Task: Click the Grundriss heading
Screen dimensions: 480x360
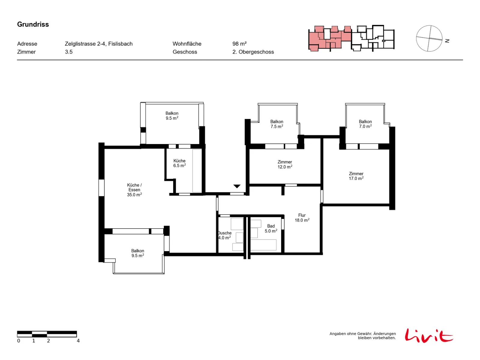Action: click(x=33, y=24)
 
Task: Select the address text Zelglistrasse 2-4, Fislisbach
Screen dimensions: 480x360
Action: click(x=99, y=44)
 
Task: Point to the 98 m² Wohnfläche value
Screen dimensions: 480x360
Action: click(x=239, y=44)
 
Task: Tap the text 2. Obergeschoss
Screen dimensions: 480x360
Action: click(x=253, y=52)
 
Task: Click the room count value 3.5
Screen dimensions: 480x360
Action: click(x=69, y=52)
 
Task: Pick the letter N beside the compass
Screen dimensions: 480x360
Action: click(x=447, y=41)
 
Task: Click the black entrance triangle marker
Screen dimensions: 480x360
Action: click(x=237, y=186)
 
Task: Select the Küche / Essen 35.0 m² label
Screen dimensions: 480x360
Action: click(x=134, y=190)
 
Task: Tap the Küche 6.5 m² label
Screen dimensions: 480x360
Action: click(x=179, y=163)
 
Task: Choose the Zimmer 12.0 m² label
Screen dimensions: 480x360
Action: click(x=285, y=164)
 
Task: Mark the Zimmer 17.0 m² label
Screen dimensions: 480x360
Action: click(x=356, y=176)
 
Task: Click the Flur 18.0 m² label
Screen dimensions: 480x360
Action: click(x=302, y=218)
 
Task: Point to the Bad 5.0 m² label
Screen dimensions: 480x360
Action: click(x=271, y=228)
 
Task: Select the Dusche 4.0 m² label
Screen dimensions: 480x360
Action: click(x=225, y=235)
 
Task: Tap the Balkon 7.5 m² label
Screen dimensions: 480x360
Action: click(x=277, y=124)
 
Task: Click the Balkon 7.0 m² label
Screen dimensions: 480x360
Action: click(x=365, y=124)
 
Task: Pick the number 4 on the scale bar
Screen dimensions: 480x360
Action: click(x=78, y=341)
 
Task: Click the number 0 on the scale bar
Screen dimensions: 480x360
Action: click(x=19, y=341)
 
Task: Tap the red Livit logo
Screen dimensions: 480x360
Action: click(x=429, y=335)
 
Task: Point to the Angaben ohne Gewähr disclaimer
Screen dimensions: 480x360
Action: click(x=363, y=336)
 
